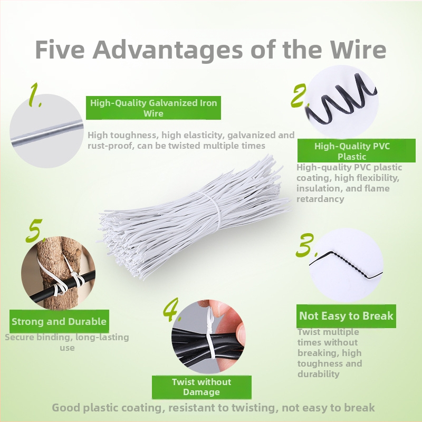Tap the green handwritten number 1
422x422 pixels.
pos(35,95)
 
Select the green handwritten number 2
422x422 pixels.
pos(299,95)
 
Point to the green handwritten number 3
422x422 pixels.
pos(306,245)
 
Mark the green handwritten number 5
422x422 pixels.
pos(35,231)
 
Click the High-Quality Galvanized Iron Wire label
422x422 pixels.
pos(154,108)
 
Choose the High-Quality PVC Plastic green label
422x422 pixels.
pos(356,151)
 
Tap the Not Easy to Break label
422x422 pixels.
pos(346,316)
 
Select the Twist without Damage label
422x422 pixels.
pos(202,387)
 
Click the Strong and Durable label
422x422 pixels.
pos(59,321)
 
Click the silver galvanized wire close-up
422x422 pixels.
pos(46,133)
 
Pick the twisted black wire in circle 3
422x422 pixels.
pos(346,265)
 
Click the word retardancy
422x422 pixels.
pos(320,199)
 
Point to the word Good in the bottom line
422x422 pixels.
pos(65,408)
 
